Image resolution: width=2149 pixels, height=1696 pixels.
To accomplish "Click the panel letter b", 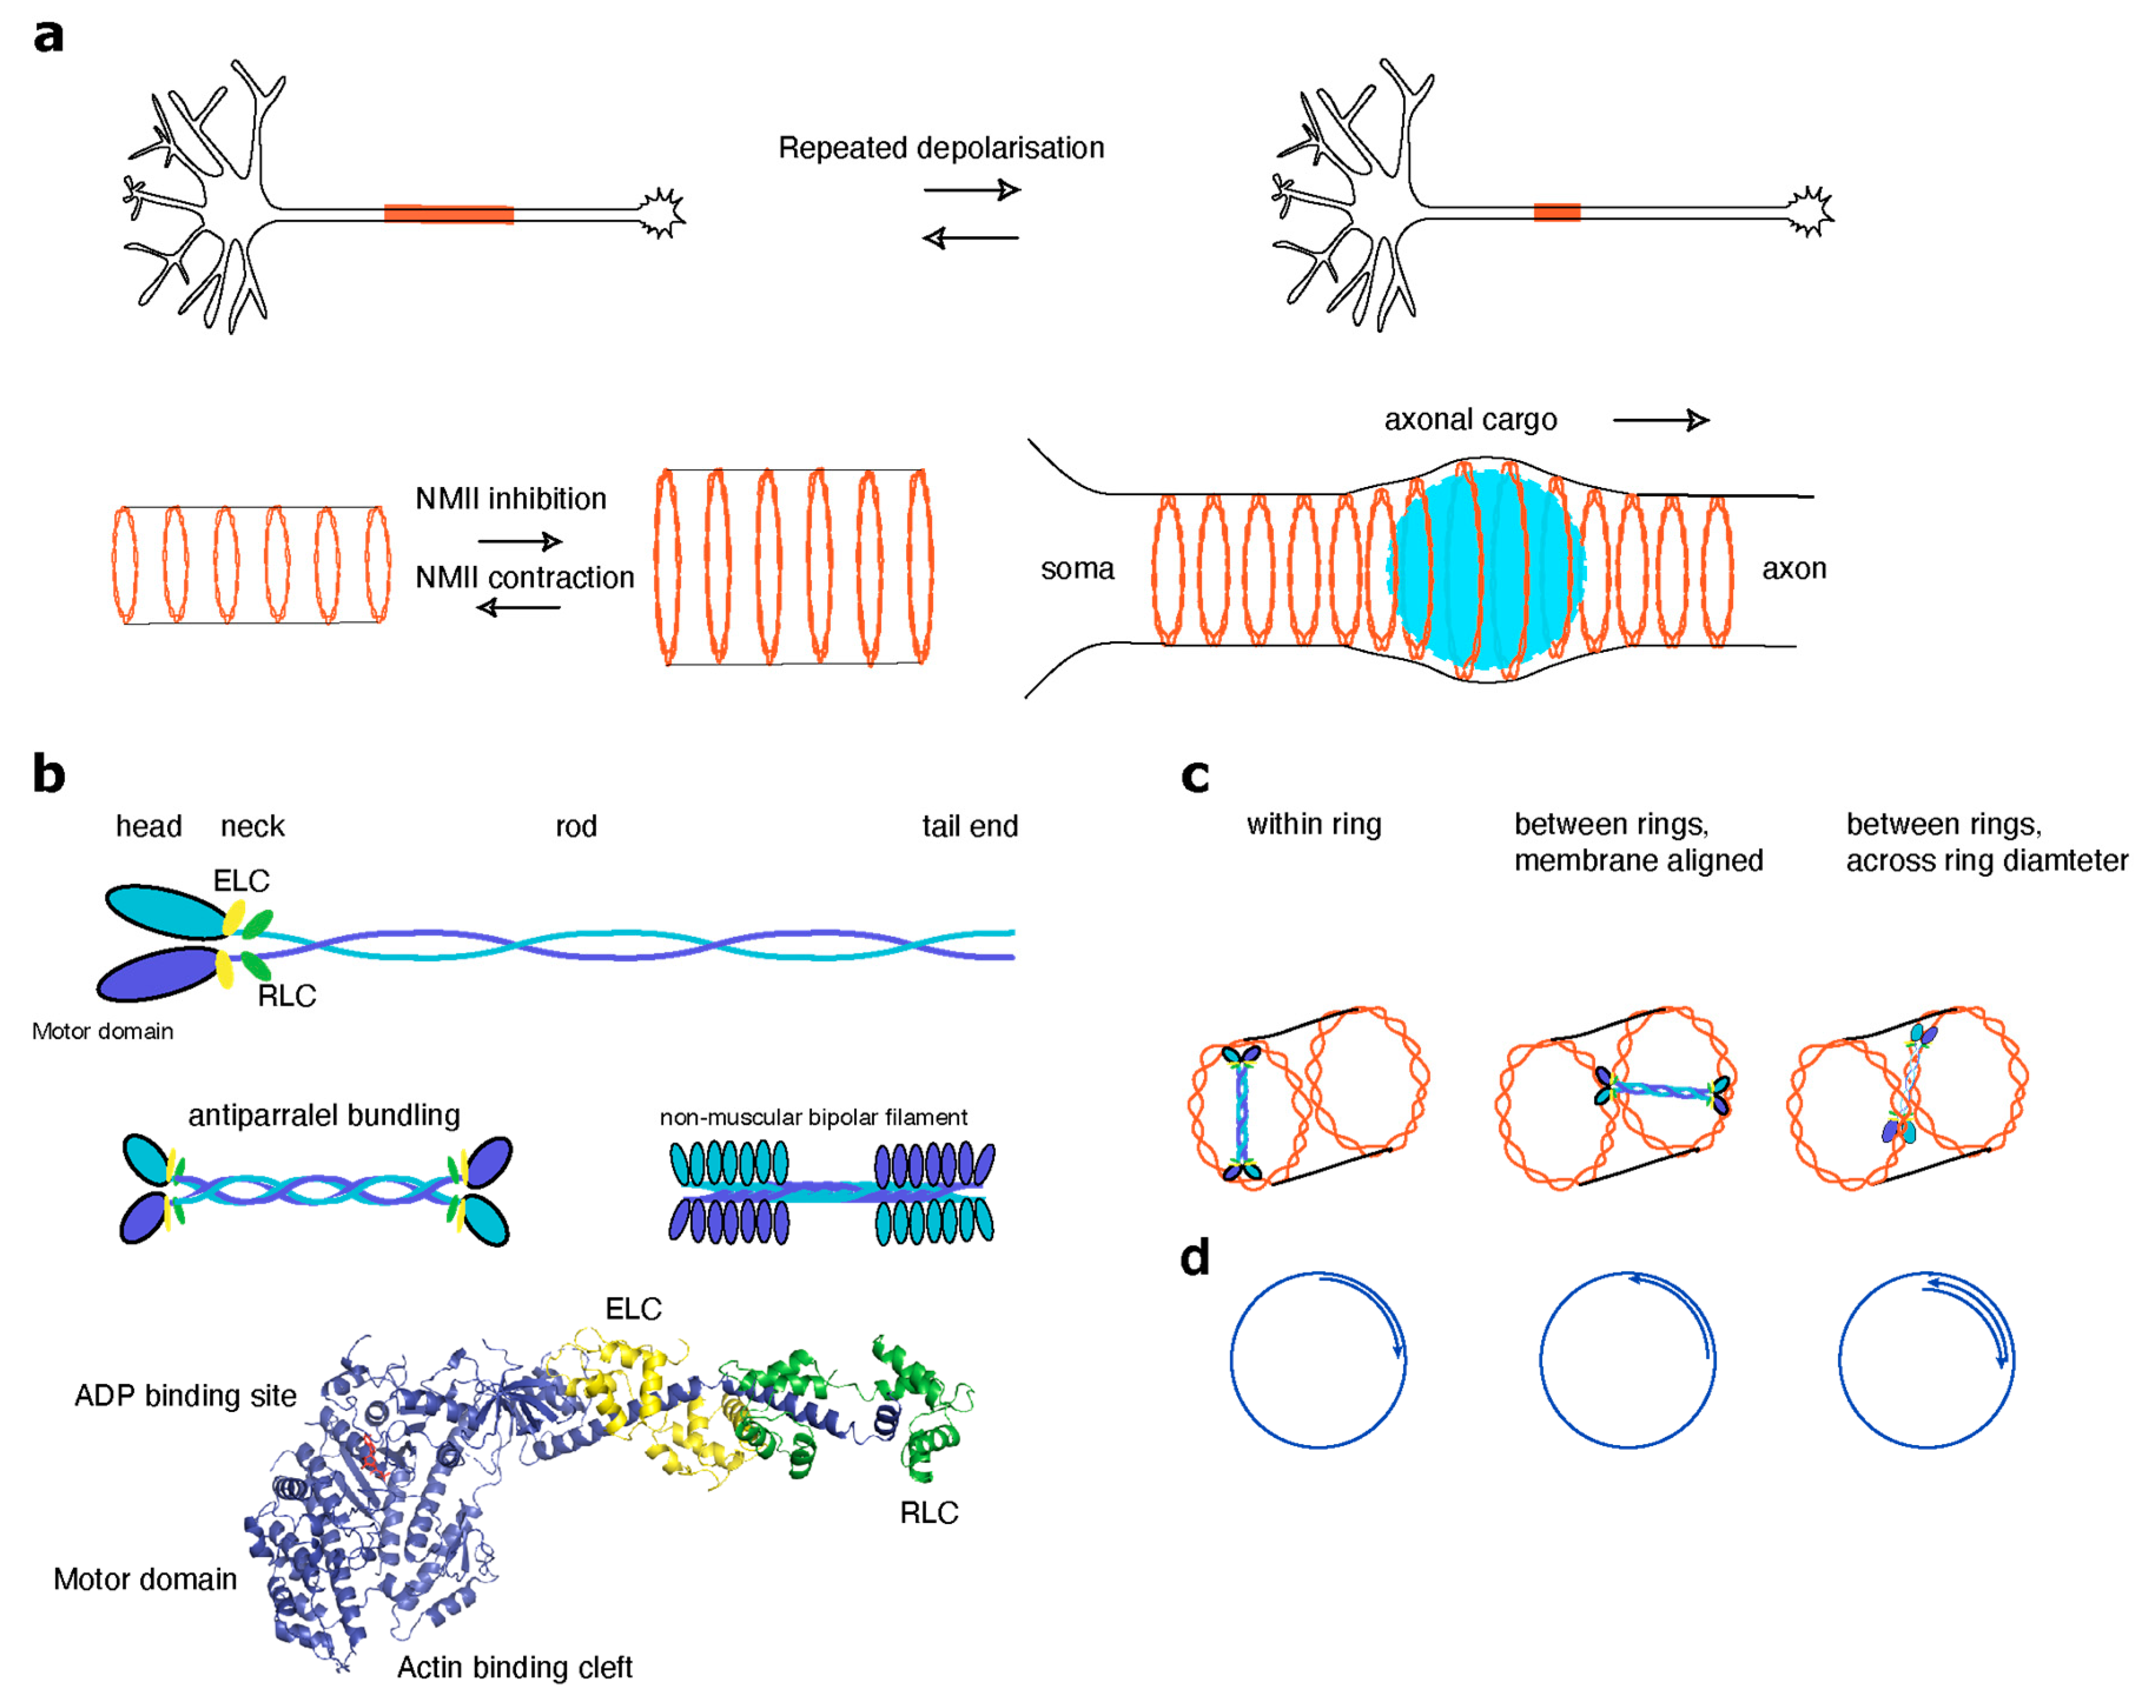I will coord(48,774).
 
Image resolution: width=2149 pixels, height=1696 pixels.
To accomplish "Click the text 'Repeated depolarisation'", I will coord(940,148).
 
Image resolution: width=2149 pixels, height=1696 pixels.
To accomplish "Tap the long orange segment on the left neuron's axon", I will coord(449,214).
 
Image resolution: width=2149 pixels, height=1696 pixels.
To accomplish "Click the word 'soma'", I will coord(1076,569).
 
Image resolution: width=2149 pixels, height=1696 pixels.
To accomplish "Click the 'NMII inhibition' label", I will coord(510,498).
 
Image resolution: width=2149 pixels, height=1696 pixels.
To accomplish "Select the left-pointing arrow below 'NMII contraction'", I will coord(518,607).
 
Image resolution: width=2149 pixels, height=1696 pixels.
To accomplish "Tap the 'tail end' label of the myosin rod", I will coord(969,826).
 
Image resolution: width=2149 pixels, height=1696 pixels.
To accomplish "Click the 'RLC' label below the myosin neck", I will coord(286,996).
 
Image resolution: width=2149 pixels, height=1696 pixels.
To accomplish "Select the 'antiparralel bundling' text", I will coord(324,1115).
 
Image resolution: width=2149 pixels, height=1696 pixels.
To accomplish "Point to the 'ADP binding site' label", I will coord(185,1396).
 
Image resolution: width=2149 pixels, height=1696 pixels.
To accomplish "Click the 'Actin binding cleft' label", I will coord(514,1667).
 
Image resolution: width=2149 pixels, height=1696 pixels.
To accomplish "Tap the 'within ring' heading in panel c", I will coord(1313,824).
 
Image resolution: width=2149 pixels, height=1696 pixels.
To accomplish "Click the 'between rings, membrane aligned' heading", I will coord(1638,842).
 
